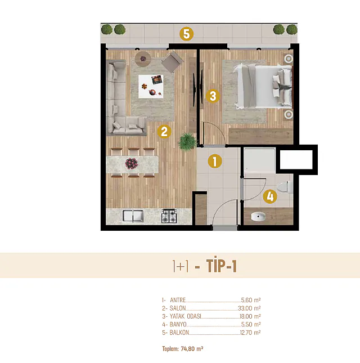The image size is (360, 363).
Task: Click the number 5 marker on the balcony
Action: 187,34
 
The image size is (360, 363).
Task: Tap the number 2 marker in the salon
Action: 164,132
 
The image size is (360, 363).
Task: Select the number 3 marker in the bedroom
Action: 213,96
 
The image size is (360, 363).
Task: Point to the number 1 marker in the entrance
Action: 215,161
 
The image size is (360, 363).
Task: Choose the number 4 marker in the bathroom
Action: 270,196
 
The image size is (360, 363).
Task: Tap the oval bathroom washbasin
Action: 258,217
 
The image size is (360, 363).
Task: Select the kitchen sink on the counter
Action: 133,216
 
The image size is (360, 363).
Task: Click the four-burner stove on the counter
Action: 169,216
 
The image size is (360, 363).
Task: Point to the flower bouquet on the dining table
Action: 132,163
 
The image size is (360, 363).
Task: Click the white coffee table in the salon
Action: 151,86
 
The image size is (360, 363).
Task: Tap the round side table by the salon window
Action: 143,59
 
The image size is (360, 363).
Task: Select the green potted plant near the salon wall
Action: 187,141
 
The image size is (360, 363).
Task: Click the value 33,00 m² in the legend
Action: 249,308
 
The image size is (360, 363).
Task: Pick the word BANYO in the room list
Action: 178,324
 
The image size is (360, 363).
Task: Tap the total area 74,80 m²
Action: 192,348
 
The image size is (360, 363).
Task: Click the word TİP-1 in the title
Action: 222,266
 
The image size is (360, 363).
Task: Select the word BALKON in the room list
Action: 179,333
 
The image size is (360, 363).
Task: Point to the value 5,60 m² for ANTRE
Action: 251,300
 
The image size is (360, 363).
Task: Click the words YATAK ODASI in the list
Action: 185,316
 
